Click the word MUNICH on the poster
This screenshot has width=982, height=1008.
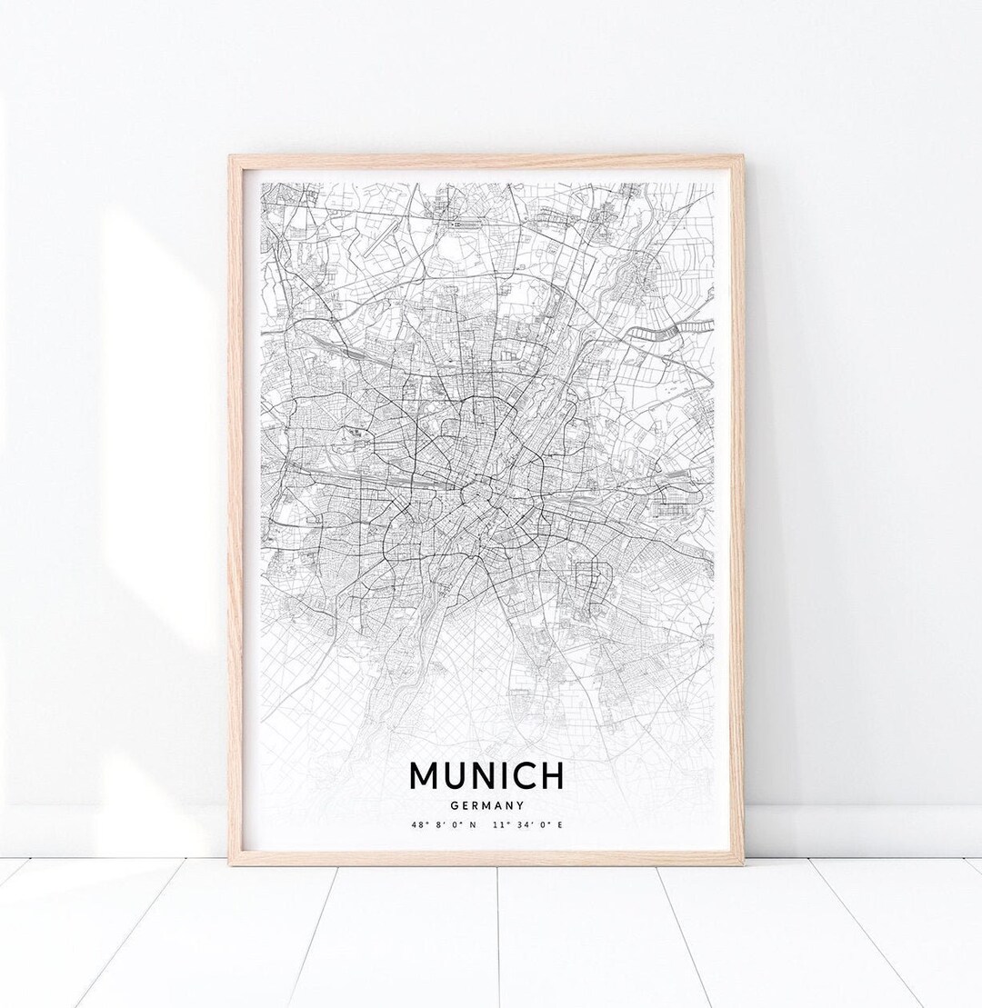point(486,775)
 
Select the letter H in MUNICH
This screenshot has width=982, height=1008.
point(552,775)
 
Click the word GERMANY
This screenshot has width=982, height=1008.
point(486,804)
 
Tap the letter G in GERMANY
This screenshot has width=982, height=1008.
point(453,804)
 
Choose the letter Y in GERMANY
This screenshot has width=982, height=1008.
point(521,804)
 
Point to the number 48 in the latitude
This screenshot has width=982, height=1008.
point(416,824)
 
